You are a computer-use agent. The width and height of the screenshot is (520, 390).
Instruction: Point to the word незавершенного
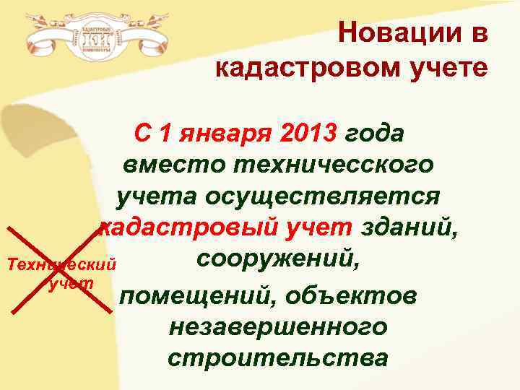(x=277, y=326)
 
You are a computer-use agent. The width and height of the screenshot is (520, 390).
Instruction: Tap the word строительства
(x=277, y=357)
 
